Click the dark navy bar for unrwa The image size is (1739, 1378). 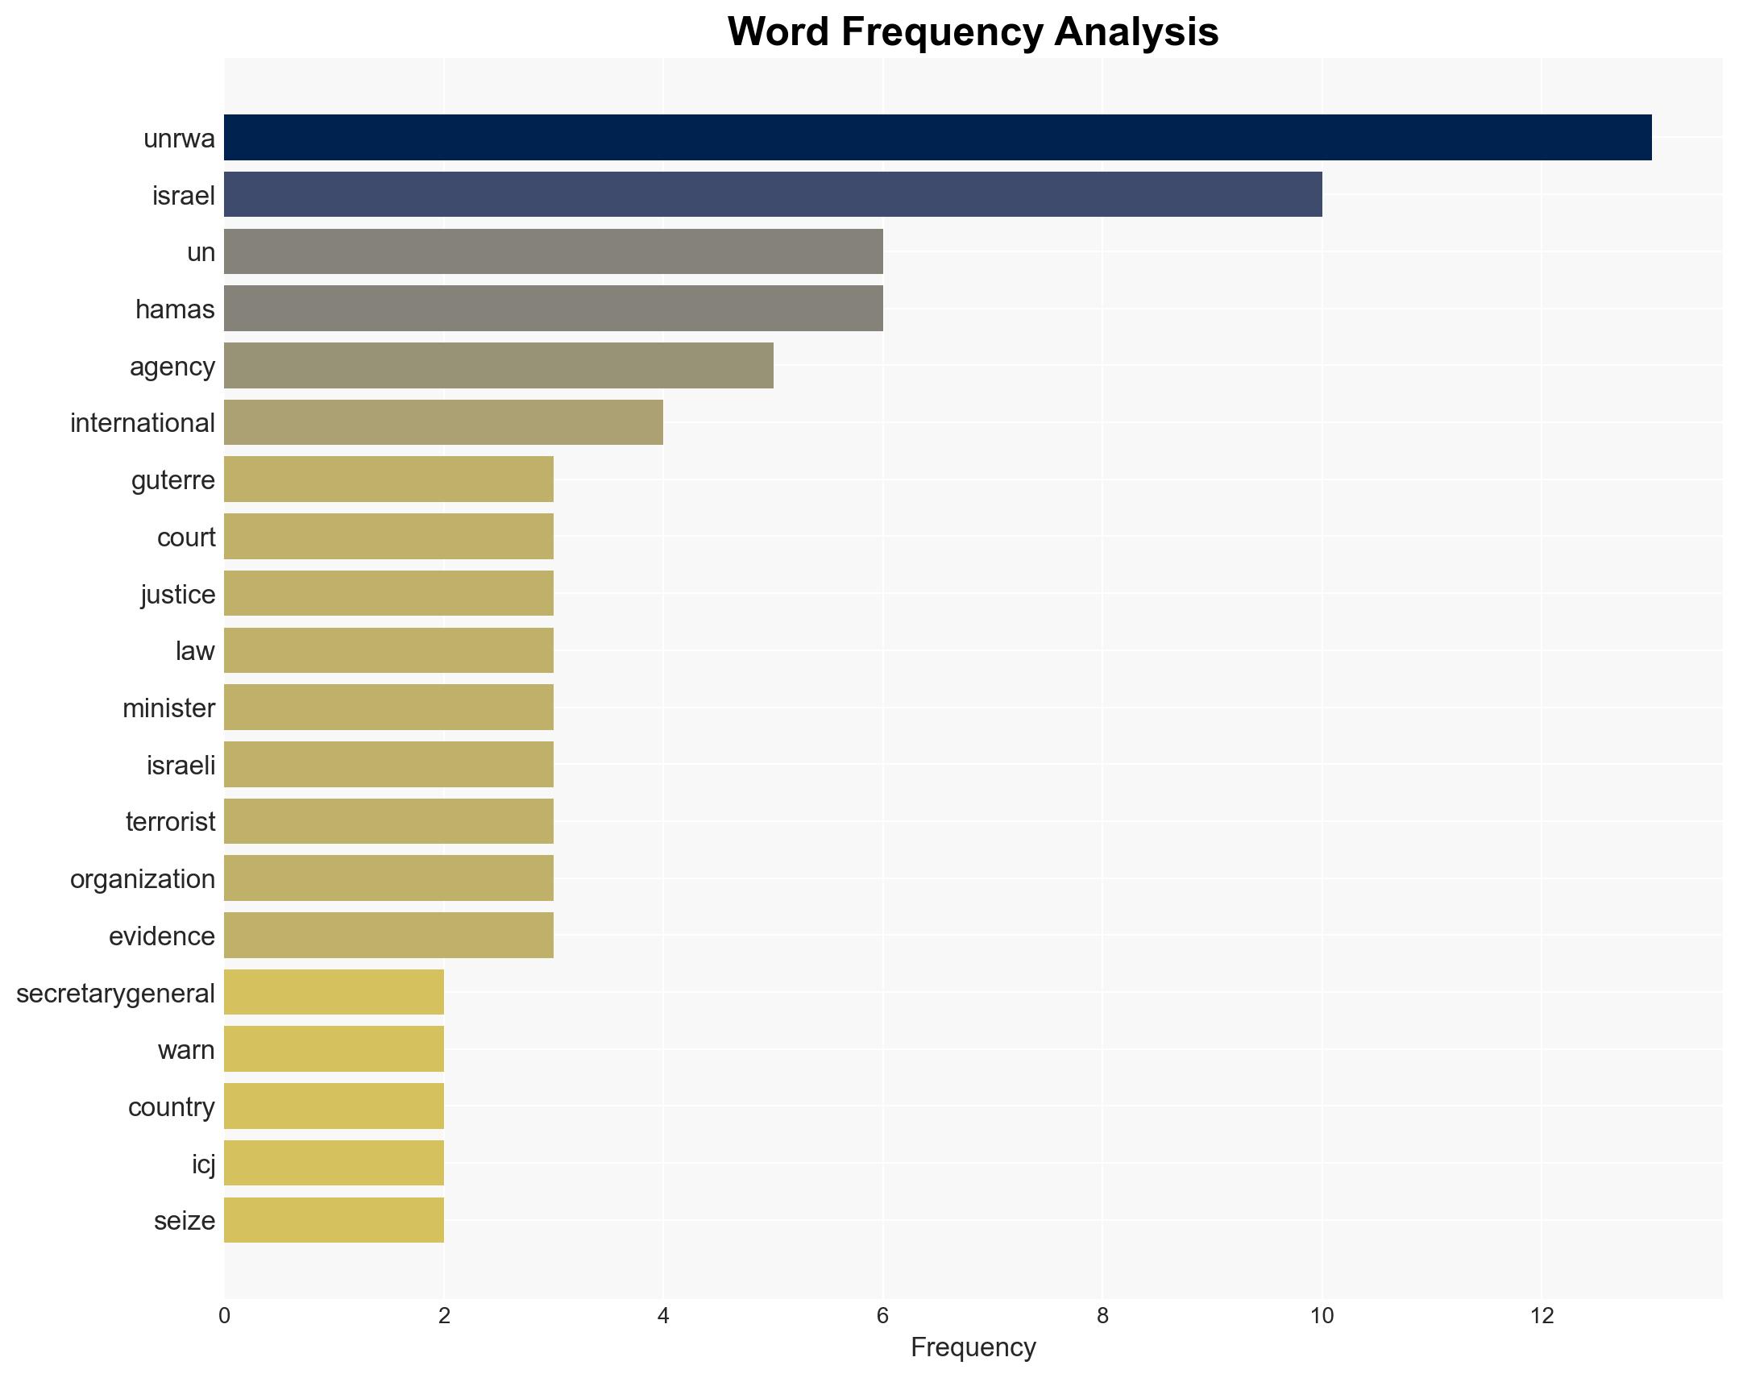937,138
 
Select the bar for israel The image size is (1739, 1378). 773,194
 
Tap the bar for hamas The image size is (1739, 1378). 554,308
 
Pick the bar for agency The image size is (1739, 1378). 499,366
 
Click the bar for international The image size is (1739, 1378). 444,422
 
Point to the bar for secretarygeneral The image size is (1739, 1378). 334,992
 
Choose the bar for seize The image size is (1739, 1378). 334,1220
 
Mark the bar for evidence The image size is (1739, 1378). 388,935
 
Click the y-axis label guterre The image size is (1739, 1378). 173,480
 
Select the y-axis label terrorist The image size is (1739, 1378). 170,821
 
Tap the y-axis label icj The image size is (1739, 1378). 203,1164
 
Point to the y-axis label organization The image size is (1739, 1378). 143,878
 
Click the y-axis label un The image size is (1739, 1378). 201,252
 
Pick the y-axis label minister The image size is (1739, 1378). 168,708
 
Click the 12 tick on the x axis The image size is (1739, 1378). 1542,1316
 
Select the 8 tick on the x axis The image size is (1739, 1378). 1102,1316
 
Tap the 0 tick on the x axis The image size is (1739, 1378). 224,1316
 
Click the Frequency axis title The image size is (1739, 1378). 973,1347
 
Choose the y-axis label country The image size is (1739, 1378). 171,1107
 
